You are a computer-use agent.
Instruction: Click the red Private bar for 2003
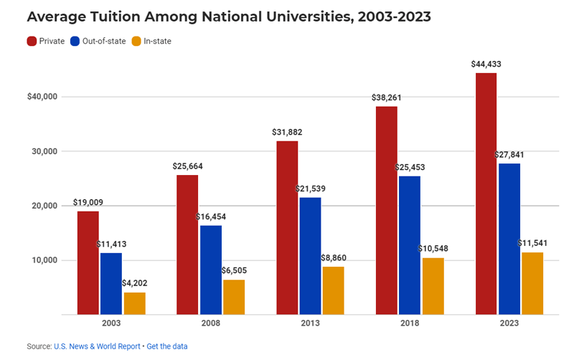(88, 262)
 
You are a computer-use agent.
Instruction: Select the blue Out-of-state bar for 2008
(212, 270)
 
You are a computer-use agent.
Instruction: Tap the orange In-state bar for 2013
(333, 290)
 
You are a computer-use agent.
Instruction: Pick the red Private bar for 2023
(486, 194)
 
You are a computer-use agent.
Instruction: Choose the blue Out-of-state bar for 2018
(410, 245)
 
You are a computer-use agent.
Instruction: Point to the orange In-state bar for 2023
(532, 283)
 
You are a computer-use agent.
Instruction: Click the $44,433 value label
(486, 65)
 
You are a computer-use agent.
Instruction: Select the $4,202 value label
(134, 283)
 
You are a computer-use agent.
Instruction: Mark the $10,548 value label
(433, 249)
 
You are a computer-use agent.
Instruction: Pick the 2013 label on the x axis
(309, 324)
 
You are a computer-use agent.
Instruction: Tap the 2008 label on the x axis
(211, 324)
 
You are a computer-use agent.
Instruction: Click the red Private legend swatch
(32, 41)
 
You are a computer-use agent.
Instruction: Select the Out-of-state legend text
(99, 41)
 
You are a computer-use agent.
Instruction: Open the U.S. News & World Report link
(97, 346)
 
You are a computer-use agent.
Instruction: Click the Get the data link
(167, 346)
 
